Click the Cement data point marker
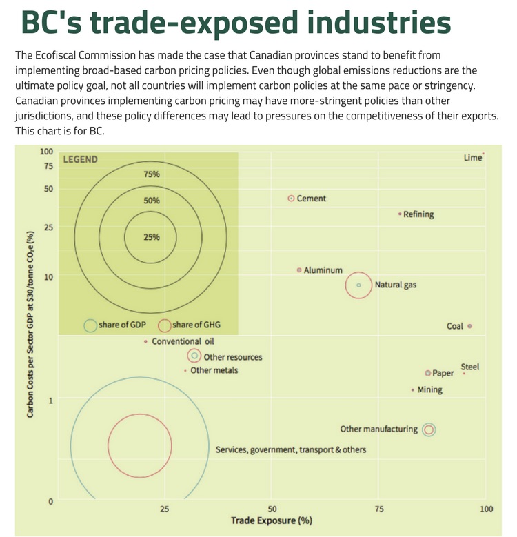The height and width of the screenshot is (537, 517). (x=291, y=198)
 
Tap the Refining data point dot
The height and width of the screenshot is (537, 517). (x=400, y=214)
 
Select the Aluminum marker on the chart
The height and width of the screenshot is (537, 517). (x=298, y=270)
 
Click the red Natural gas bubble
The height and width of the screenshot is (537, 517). (x=358, y=285)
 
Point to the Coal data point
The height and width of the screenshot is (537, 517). (x=469, y=326)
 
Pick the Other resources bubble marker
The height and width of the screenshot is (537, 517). (x=194, y=356)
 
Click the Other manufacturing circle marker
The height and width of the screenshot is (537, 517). (x=429, y=429)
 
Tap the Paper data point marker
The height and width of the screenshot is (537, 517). (x=427, y=373)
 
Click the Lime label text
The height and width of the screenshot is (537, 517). (x=472, y=158)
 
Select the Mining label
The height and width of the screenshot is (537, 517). (x=430, y=390)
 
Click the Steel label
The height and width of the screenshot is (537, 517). (x=469, y=367)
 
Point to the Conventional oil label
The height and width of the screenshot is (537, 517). (x=183, y=341)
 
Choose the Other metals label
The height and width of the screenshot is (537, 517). (x=214, y=371)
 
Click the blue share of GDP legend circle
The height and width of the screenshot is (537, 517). (x=90, y=325)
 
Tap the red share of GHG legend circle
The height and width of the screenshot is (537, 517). (x=165, y=325)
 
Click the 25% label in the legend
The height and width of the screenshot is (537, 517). (x=151, y=237)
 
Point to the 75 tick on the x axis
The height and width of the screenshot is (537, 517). (x=379, y=509)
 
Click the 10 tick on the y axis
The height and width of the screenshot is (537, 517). (x=50, y=276)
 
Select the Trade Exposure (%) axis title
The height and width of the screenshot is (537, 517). (x=271, y=520)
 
